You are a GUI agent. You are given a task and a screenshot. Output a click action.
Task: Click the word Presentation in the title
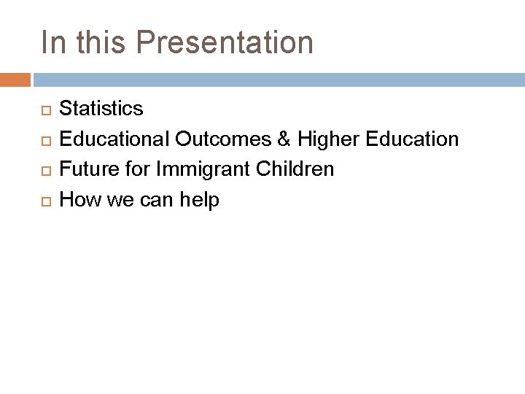(225, 42)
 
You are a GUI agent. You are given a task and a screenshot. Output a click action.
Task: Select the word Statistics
(101, 109)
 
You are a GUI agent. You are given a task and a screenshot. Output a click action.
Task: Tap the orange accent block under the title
(15, 78)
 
